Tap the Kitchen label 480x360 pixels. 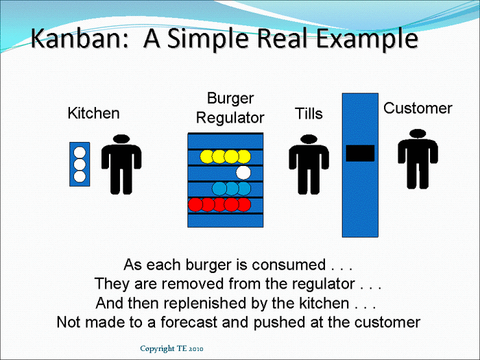[x=93, y=113]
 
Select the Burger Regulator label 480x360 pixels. [x=230, y=108]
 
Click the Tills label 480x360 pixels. [x=309, y=114]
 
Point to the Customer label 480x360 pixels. [x=418, y=108]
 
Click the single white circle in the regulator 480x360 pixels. [x=243, y=172]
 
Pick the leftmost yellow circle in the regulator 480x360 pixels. [x=207, y=156]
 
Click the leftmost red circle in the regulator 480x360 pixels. [x=195, y=204]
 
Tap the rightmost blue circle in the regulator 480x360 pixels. [x=243, y=188]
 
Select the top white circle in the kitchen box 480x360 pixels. [x=80, y=153]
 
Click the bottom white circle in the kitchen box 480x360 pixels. [x=80, y=176]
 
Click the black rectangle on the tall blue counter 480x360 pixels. [x=360, y=153]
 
